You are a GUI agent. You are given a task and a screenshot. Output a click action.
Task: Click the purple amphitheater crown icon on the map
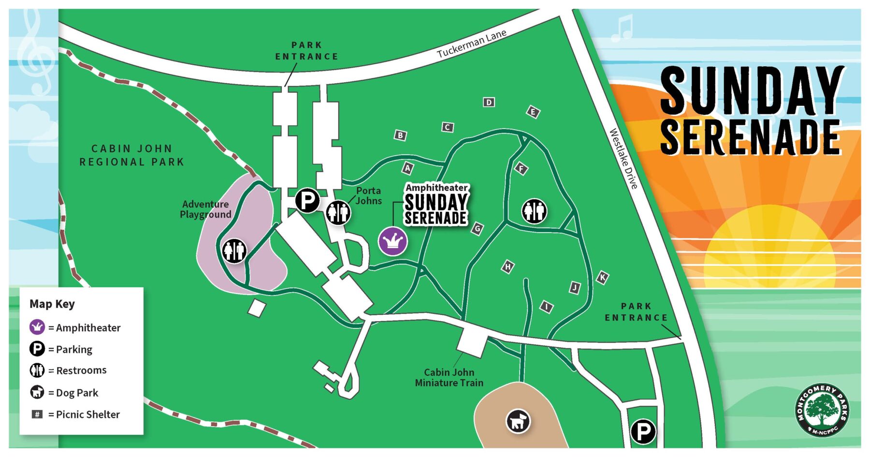point(392,241)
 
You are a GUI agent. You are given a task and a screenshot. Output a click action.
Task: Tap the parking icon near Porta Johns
point(307,200)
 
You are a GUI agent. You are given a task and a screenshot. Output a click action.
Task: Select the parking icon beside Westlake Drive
point(643,431)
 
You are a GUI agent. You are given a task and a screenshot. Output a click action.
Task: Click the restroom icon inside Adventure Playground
point(234,251)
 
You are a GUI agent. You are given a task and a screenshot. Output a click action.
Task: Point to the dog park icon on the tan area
point(518,421)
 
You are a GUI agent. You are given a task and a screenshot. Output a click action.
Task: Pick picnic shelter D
point(489,102)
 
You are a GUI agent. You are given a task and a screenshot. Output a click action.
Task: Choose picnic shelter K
point(602,278)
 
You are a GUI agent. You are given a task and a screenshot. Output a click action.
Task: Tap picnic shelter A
point(408,168)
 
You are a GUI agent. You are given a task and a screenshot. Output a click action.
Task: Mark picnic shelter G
point(477,228)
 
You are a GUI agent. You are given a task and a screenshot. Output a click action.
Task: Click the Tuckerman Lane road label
point(471,44)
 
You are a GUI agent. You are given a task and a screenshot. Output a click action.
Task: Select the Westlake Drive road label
point(623,158)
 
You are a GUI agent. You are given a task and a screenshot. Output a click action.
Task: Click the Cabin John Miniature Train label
point(449,378)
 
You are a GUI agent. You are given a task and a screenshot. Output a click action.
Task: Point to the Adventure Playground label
point(205,209)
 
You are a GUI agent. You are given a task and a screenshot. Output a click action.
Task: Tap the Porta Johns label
point(368,196)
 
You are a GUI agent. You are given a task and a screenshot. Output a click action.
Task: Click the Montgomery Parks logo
point(822,410)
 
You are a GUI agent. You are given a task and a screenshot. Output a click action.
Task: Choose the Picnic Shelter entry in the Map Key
point(75,414)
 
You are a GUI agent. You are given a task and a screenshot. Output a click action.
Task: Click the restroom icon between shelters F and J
point(534,211)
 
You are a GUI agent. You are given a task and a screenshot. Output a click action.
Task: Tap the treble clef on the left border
point(35,53)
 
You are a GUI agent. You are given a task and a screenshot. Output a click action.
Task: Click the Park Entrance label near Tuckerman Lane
point(306,51)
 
